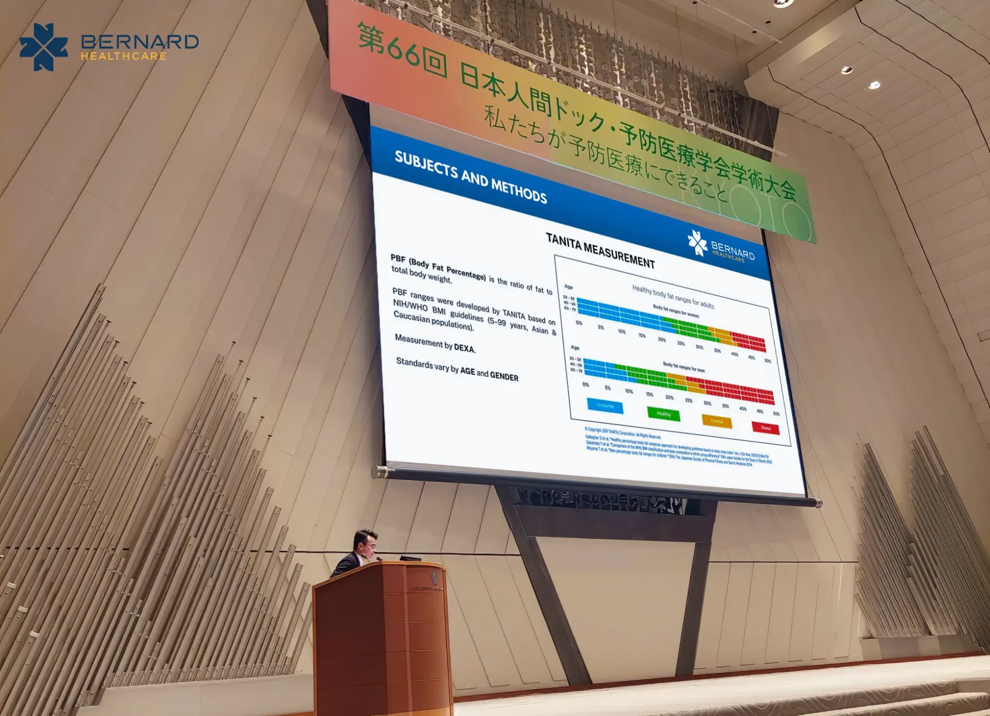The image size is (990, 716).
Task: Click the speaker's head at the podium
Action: [365, 542]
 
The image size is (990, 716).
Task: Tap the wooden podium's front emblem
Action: [434, 578]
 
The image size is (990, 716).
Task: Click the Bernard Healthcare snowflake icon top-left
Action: [44, 46]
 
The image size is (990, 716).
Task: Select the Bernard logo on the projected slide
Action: [721, 247]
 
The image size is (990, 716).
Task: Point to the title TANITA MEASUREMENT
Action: [600, 251]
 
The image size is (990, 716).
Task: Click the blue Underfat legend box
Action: [605, 406]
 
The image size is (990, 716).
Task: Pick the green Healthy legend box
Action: [663, 414]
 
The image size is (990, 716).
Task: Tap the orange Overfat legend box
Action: [716, 421]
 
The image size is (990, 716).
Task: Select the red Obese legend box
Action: [765, 428]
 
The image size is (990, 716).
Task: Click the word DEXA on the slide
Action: [464, 348]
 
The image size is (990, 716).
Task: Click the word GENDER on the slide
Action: [504, 376]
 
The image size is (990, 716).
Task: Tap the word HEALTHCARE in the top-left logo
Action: [124, 56]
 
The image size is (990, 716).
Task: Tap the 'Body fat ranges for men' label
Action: [683, 367]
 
